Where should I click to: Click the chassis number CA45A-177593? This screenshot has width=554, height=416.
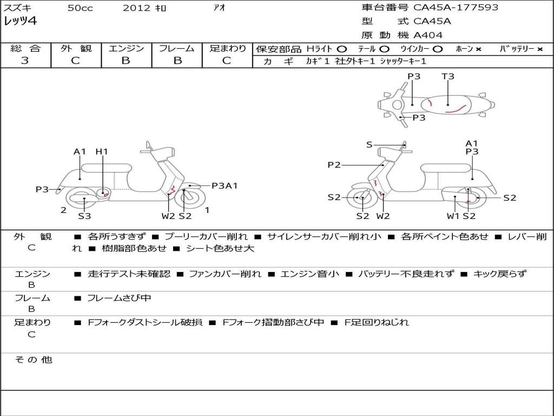click(x=456, y=8)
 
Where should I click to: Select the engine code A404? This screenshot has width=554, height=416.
click(x=428, y=35)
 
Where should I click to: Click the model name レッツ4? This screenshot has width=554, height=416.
click(x=21, y=22)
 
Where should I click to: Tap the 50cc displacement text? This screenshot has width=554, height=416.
click(x=80, y=8)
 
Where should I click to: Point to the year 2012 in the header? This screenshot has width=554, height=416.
click(x=133, y=8)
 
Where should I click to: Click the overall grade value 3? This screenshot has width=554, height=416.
click(x=25, y=61)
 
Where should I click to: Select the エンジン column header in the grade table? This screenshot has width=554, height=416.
click(x=126, y=48)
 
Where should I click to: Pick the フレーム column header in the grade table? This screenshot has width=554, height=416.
click(x=177, y=48)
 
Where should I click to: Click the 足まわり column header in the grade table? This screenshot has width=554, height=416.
click(x=227, y=48)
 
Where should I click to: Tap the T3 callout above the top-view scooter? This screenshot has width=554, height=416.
click(x=448, y=76)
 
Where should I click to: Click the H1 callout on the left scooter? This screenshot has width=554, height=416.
click(x=102, y=152)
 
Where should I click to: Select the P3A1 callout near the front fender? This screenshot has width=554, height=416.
click(x=225, y=186)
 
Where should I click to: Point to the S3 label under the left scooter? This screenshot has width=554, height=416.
click(x=84, y=216)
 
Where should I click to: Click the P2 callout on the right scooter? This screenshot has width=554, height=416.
click(x=334, y=165)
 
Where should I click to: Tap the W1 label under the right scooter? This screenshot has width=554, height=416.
click(x=453, y=216)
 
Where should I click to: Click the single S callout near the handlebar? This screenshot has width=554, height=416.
click(x=369, y=145)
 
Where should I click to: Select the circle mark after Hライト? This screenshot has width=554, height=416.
click(x=342, y=49)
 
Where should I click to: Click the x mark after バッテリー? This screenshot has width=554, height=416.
click(x=539, y=49)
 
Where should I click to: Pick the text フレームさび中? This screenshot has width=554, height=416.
click(x=119, y=298)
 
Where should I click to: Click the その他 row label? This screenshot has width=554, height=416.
click(x=33, y=360)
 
